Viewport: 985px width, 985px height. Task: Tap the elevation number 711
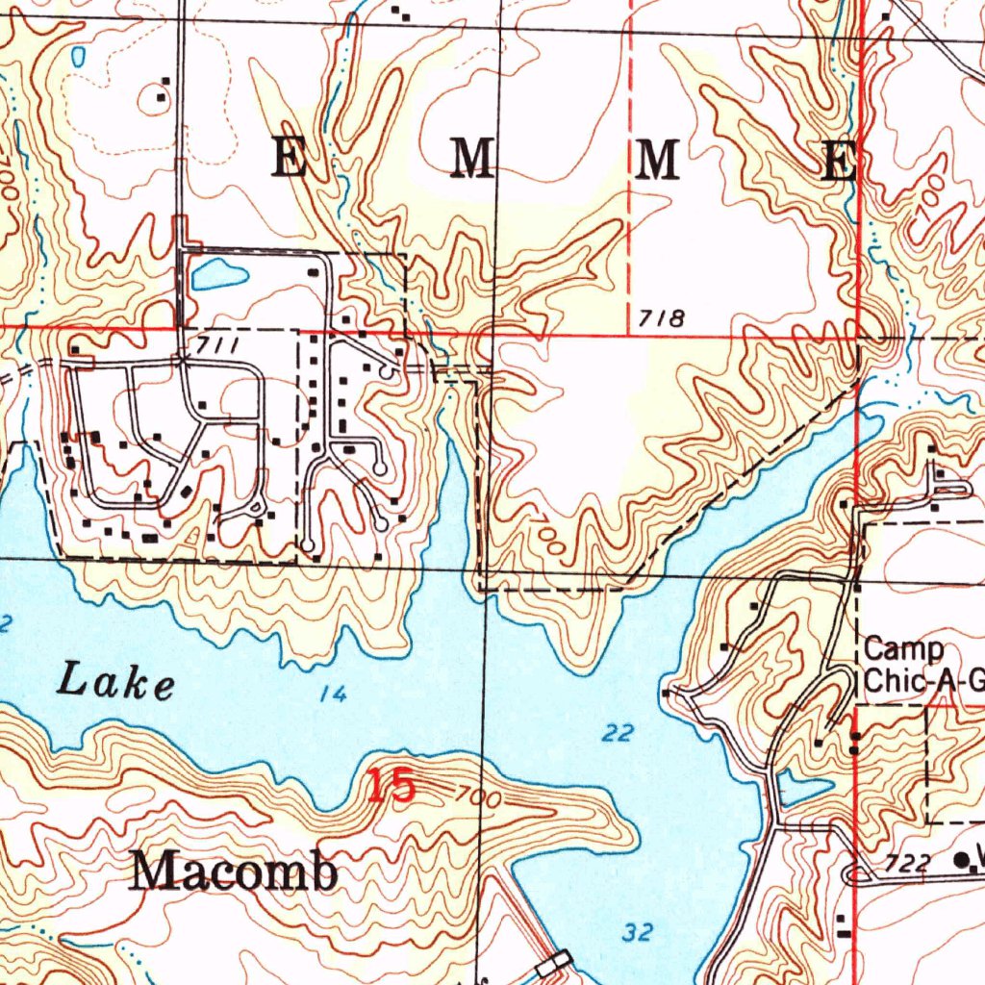click(x=219, y=344)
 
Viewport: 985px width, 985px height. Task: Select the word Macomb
click(x=235, y=872)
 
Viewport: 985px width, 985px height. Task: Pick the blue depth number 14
click(x=333, y=694)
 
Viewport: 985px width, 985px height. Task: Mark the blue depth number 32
click(x=637, y=932)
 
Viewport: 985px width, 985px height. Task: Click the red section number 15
click(x=391, y=787)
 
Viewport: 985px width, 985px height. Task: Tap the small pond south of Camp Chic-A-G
click(x=804, y=791)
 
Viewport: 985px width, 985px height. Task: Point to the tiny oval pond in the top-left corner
click(x=77, y=58)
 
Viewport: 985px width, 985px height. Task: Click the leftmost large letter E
click(x=288, y=158)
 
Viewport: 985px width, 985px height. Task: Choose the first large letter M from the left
click(x=472, y=158)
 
